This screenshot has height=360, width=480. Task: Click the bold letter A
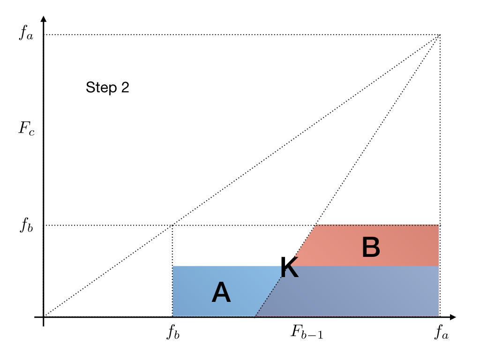(x=221, y=294)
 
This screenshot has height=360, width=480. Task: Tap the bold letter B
(x=371, y=247)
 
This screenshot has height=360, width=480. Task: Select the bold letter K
(x=289, y=269)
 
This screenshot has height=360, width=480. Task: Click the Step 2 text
(x=107, y=87)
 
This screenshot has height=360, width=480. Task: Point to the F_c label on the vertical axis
(x=26, y=128)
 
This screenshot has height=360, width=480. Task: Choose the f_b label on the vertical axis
(x=26, y=225)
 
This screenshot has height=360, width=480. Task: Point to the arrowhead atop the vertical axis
(x=44, y=19)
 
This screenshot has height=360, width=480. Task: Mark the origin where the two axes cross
(x=44, y=317)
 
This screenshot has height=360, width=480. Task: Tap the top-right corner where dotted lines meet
(x=440, y=35)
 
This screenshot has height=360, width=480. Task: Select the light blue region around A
(x=197, y=281)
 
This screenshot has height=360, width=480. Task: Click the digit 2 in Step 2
(x=125, y=87)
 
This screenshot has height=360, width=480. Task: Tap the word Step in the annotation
(x=99, y=87)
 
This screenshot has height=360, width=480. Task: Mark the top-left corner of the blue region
(x=173, y=266)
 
